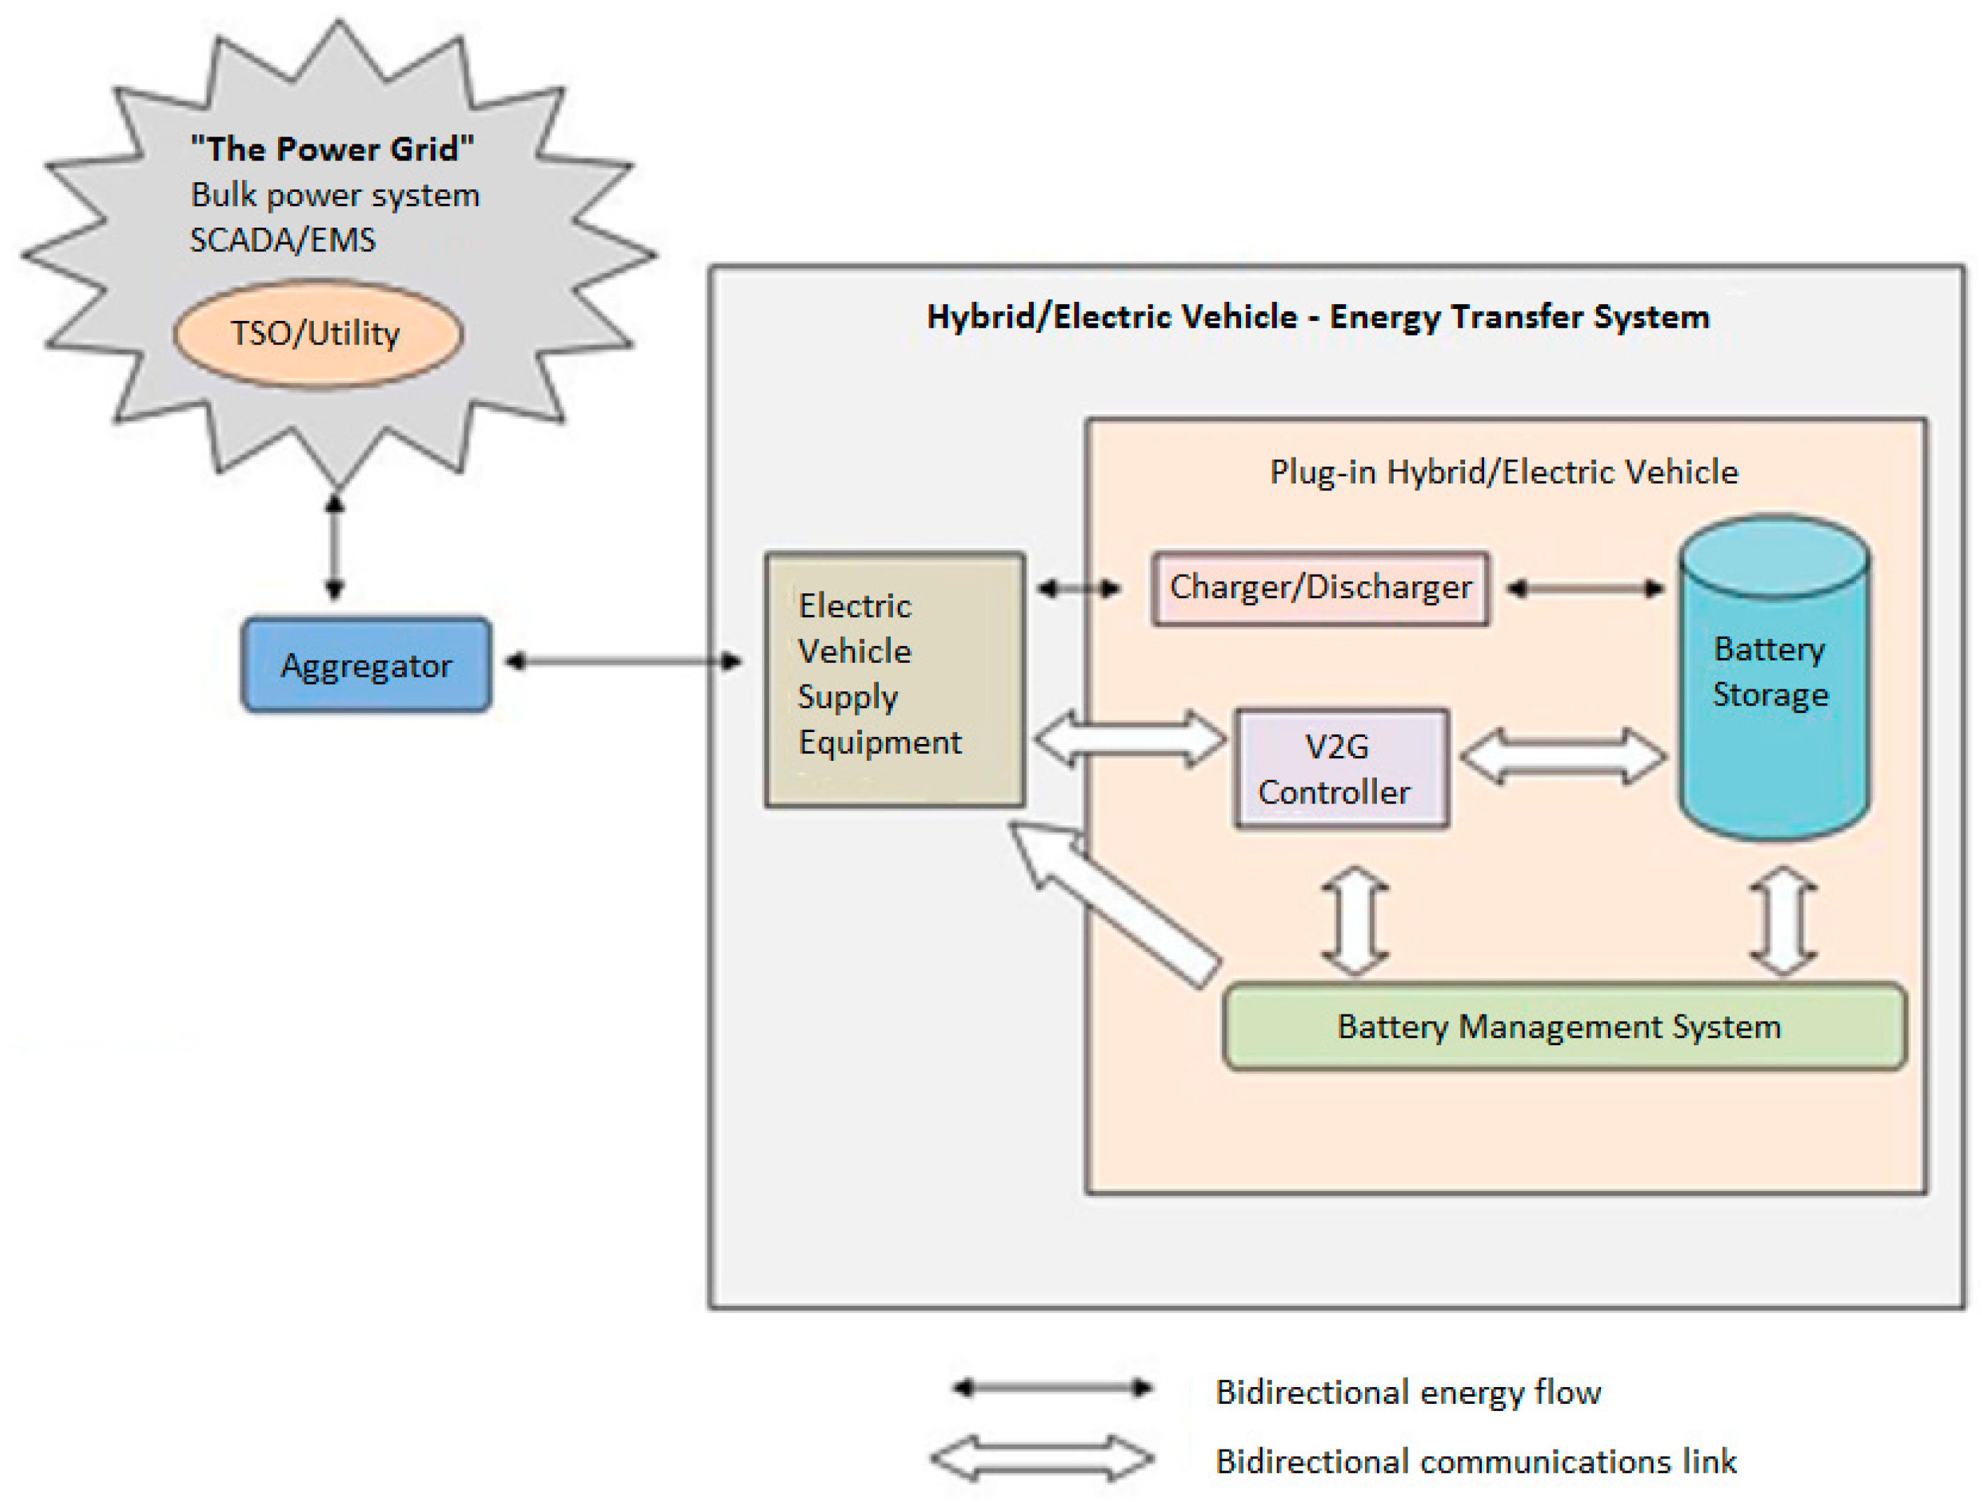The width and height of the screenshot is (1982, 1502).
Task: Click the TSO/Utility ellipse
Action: tap(317, 333)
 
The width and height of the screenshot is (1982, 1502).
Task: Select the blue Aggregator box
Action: tap(366, 665)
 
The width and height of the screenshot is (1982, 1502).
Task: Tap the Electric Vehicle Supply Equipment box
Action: tap(894, 680)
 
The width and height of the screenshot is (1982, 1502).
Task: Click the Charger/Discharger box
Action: tap(1320, 588)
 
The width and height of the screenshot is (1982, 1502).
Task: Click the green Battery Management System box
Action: tap(1564, 1026)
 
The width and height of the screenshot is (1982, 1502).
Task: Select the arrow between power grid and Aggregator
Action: tap(335, 546)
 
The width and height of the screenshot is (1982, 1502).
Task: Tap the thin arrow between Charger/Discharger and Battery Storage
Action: tap(1584, 588)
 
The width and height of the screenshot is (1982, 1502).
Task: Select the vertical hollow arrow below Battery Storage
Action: tap(1783, 921)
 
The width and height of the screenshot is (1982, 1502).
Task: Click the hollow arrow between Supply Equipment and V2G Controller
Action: tap(1129, 739)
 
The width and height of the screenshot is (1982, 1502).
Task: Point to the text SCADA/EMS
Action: tap(282, 240)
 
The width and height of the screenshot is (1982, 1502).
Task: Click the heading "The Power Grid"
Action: tap(331, 149)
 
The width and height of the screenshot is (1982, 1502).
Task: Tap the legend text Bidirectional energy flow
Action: tap(1408, 1392)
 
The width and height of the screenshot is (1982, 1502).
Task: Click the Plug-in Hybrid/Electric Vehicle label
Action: tap(1504, 472)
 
